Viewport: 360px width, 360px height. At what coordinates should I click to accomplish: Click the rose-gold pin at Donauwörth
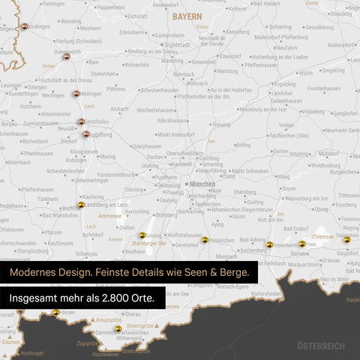coord(67,55)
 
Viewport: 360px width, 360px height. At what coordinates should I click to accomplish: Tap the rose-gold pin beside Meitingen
coord(76,94)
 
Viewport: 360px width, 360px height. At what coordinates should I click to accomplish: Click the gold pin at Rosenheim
coord(269,244)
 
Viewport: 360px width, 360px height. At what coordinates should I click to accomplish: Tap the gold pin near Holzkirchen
coord(205,240)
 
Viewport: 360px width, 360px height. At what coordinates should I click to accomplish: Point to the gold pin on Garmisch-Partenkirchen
coord(118,328)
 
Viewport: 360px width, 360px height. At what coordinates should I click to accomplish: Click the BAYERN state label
coord(186,16)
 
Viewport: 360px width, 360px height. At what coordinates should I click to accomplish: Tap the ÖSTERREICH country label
coord(321,346)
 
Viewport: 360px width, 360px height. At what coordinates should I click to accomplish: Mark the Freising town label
coord(220,124)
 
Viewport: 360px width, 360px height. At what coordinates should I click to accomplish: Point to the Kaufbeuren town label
coord(60,243)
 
